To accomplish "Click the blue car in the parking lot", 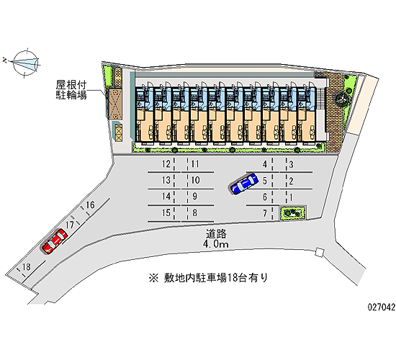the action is click(x=244, y=184).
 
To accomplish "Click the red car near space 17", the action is click(x=55, y=241).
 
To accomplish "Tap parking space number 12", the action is click(x=166, y=164).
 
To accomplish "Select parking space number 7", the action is click(x=265, y=213).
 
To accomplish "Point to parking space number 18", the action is click(x=26, y=266).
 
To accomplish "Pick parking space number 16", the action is click(x=90, y=204).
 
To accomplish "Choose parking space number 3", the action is click(x=291, y=164).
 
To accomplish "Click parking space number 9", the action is click(x=194, y=197).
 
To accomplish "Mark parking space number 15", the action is click(x=166, y=212).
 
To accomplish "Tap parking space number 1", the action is click(x=291, y=197).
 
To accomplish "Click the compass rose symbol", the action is click(x=26, y=63).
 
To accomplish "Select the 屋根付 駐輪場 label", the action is click(x=71, y=90).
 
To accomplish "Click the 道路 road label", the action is click(x=217, y=234).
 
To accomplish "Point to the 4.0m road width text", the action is click(x=215, y=244).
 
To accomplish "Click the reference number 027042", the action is click(x=382, y=307).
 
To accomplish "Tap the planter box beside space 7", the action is click(x=293, y=213).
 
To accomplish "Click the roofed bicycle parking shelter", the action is click(x=114, y=104).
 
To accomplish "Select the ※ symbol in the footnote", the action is click(x=153, y=278).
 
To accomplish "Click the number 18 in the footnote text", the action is click(x=233, y=278).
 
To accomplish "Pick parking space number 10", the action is click(x=195, y=180).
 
